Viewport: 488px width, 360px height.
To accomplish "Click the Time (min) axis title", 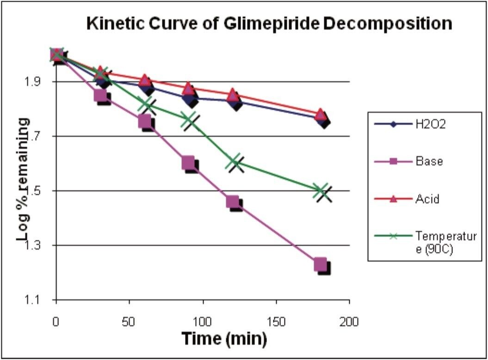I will [223, 339].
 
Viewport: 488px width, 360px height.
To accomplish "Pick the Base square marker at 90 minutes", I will [188, 163].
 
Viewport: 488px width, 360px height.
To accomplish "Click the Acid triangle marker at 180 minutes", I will [320, 114].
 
